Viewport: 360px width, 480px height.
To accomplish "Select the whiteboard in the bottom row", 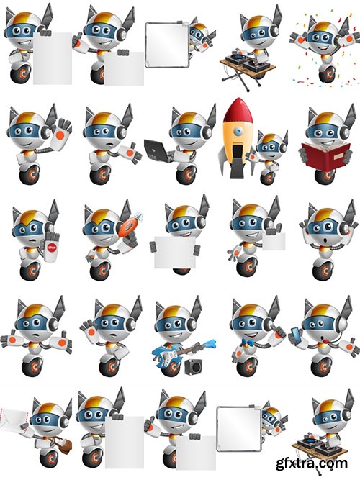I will tap(237, 429).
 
